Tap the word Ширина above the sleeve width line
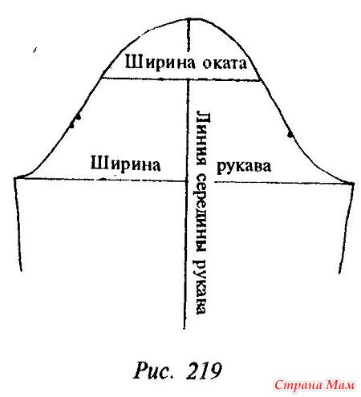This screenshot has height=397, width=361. (125, 164)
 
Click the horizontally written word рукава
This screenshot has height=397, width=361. (244, 166)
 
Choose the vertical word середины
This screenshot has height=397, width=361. (201, 213)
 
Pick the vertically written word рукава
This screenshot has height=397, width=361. (201, 286)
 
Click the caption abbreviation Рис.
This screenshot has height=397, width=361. (152, 371)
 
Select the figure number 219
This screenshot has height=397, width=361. (204, 371)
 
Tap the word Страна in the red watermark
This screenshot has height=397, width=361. (298, 385)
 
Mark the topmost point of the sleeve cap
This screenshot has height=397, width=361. (189, 18)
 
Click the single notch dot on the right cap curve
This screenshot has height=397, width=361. (290, 134)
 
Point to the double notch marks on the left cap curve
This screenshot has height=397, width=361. (75, 121)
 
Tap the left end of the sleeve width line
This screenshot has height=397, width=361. (15, 178)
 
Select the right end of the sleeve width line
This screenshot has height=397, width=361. (353, 184)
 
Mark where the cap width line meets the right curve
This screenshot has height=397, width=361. (260, 79)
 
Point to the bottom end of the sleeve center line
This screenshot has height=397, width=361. (185, 328)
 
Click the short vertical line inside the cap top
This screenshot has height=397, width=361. (189, 35)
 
